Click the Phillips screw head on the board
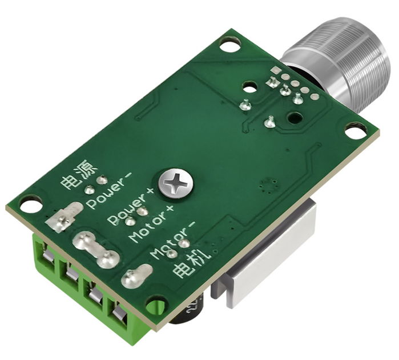coord(176,183)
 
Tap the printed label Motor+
coord(152,223)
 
